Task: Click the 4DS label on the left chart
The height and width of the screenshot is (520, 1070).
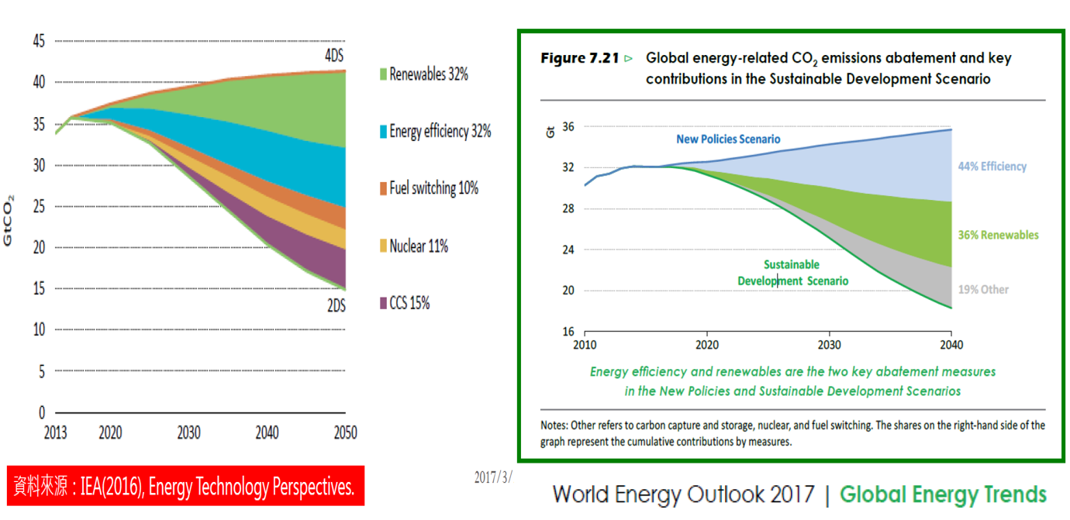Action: (335, 56)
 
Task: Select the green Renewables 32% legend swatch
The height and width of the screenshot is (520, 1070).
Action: (382, 74)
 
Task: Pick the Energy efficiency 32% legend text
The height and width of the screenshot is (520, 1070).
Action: (440, 131)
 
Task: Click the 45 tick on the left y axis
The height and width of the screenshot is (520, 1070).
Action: (38, 40)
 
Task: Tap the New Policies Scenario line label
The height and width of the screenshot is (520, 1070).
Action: (728, 139)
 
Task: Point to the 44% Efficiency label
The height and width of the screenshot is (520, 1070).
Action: (992, 167)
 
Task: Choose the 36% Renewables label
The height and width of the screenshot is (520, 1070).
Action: (997, 235)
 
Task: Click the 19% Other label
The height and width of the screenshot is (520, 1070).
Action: (983, 289)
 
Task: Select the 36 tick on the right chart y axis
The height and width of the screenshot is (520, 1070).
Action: (568, 126)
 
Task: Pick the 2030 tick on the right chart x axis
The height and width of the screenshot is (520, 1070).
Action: (829, 345)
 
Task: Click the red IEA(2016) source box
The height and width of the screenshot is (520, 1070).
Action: (185, 487)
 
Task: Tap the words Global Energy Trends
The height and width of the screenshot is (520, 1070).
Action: (943, 494)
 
